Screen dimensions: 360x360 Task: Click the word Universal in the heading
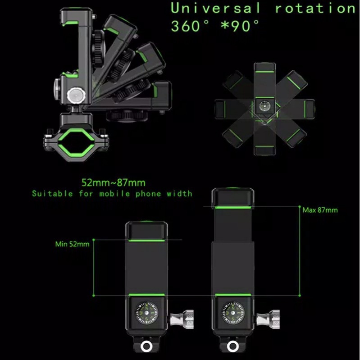coord(215,8)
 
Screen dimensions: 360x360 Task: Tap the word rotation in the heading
coord(315,8)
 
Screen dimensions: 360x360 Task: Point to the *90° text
coord(240,26)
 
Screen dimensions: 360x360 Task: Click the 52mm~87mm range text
coord(114,183)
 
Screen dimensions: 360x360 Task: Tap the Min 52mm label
coord(72,244)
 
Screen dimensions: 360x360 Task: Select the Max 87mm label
coord(320,210)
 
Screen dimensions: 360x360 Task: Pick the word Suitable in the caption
coord(52,193)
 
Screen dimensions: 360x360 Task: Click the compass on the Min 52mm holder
coord(147,313)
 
